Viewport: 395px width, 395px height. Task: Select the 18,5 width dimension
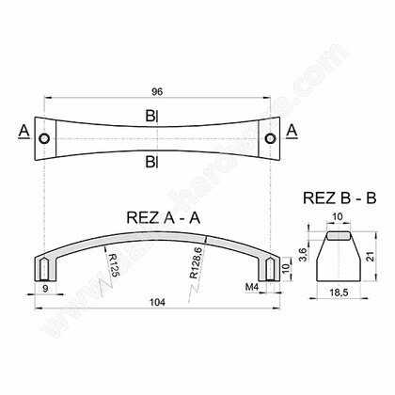[338, 293]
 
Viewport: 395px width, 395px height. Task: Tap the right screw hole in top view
[270, 138]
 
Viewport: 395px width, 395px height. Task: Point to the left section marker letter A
[22, 130]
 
